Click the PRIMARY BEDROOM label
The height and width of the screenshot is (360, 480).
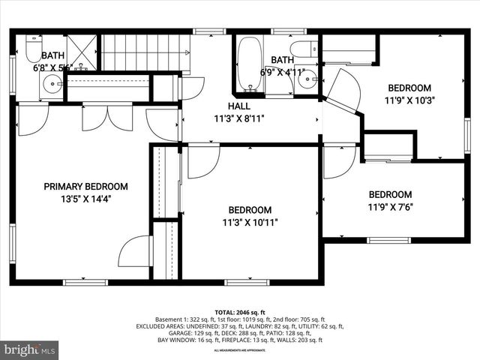85,187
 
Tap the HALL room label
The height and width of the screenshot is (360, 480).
238,106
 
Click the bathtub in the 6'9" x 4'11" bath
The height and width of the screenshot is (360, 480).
250,64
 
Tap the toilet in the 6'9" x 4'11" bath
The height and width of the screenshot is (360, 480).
304,49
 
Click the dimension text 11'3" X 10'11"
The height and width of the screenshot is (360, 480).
250,222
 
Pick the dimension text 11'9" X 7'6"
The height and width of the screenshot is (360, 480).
390,207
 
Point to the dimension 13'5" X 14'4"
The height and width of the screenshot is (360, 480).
85,199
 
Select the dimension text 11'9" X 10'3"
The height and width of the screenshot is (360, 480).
409,99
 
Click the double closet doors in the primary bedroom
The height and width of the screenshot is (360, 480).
107,118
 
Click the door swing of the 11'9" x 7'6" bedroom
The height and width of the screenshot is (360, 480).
338,161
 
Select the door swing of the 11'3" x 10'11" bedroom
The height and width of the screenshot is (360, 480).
202,162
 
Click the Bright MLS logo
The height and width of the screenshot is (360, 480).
30,349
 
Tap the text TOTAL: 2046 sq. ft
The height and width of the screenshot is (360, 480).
239,311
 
